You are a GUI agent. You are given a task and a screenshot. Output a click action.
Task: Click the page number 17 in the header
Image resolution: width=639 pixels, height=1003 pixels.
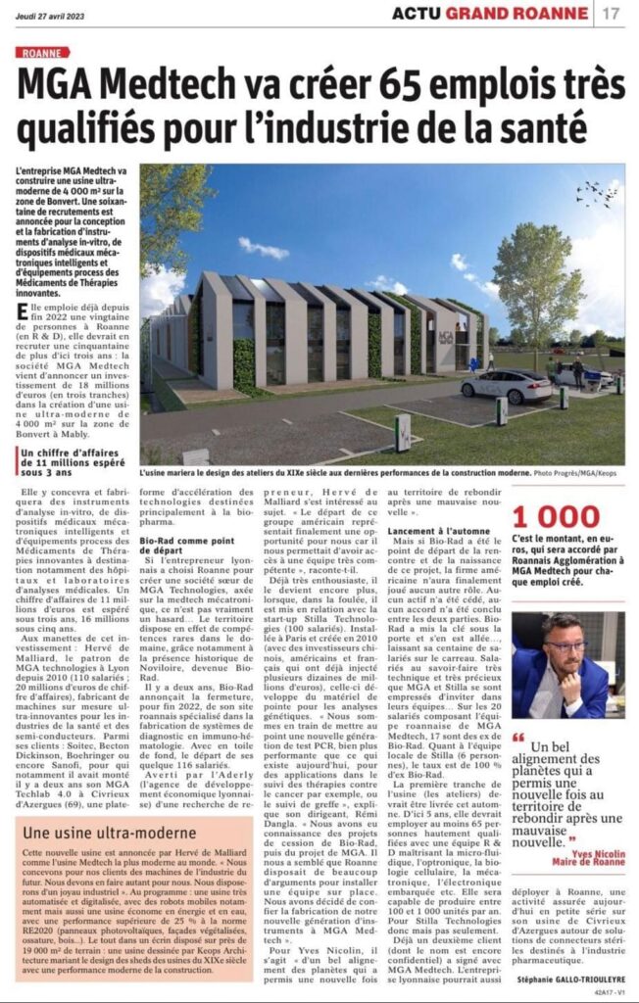(611, 13)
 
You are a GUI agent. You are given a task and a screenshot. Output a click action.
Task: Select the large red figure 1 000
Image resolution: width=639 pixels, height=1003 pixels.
(555, 517)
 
